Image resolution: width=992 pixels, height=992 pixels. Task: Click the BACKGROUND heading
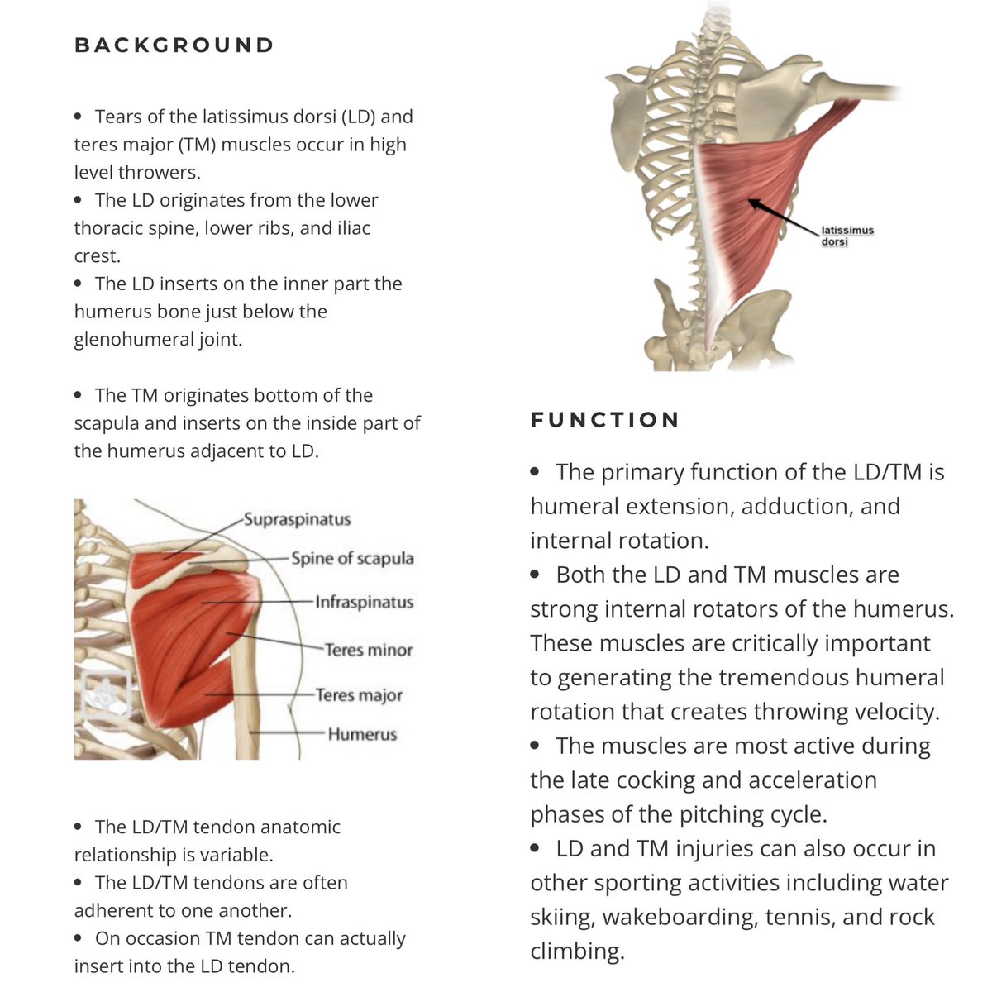point(174,45)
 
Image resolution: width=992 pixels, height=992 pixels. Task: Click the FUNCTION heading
point(605,420)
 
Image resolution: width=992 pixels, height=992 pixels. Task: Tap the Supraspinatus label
point(297,520)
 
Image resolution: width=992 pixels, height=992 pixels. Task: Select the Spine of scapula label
point(352,558)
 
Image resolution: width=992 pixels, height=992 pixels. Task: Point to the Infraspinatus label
point(364,602)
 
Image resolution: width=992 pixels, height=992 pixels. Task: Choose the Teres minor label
point(368,650)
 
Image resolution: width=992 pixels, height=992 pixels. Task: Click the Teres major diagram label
point(359,695)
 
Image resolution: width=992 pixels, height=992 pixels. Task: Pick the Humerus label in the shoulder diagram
point(362,734)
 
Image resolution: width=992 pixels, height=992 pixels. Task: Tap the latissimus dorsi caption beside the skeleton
point(847,236)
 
